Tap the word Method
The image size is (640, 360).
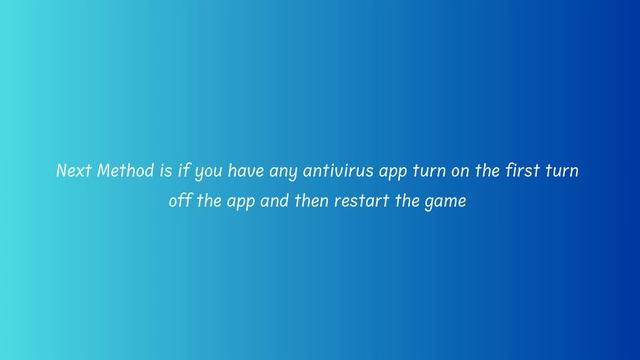click(125, 171)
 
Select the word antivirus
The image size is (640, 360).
click(340, 171)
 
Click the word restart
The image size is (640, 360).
click(356, 200)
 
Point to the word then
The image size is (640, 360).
click(308, 200)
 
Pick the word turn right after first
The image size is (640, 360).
click(561, 171)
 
